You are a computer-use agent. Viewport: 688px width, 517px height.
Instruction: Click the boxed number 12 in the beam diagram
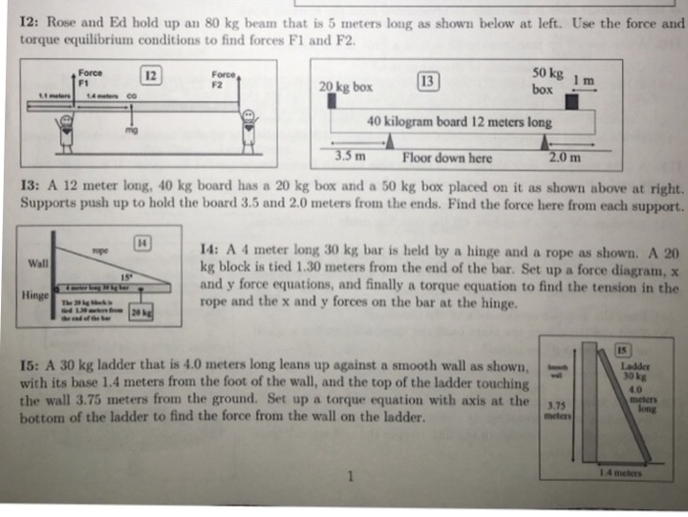150,76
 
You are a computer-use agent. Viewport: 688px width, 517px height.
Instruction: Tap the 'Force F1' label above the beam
89,76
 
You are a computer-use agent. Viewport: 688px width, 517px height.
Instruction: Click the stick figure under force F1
67,127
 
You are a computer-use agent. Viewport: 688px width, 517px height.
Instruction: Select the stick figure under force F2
250,127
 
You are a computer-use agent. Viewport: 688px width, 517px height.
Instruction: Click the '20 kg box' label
346,87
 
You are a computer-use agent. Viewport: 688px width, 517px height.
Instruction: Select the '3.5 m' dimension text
350,156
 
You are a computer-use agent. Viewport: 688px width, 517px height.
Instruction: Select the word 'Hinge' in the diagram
32,293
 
